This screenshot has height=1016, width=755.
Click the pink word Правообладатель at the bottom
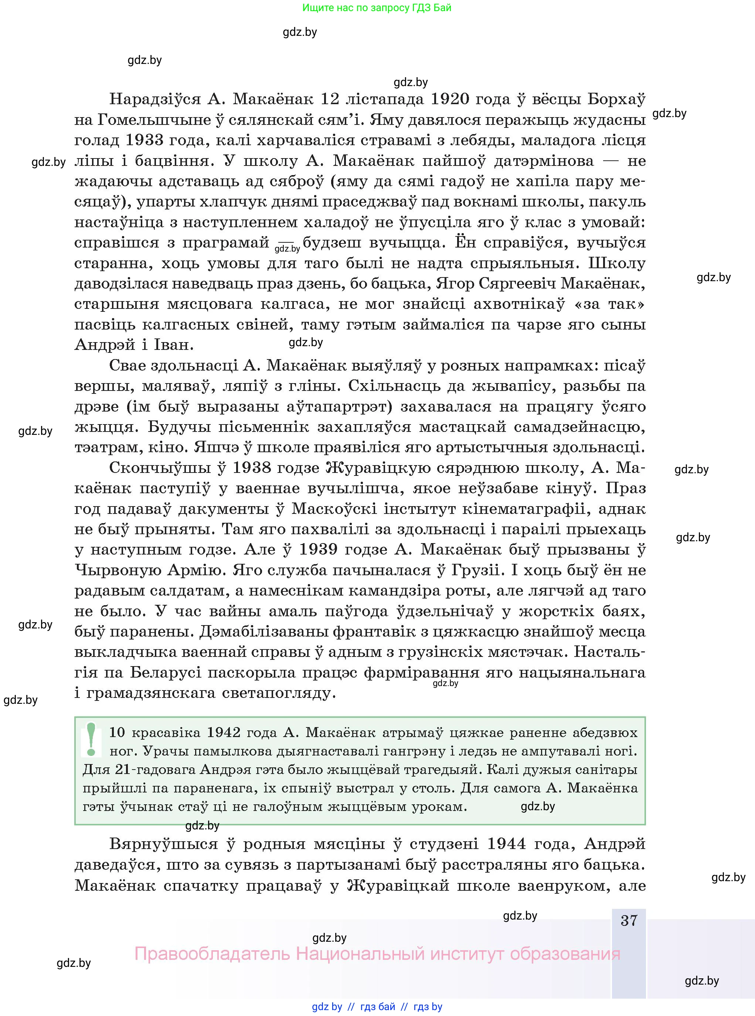tap(212, 954)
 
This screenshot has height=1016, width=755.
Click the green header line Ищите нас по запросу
tap(377, 8)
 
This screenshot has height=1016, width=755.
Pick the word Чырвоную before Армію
tap(118, 570)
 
